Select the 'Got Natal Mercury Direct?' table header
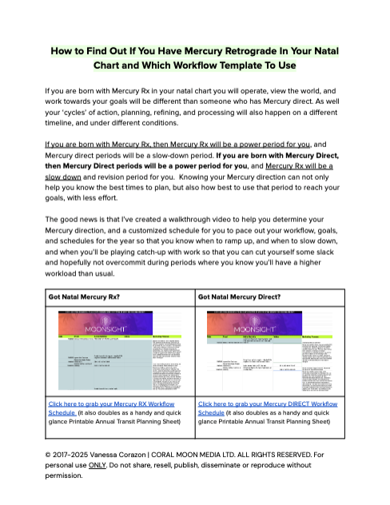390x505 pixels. click(237, 296)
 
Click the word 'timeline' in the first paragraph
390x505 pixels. click(62, 125)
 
